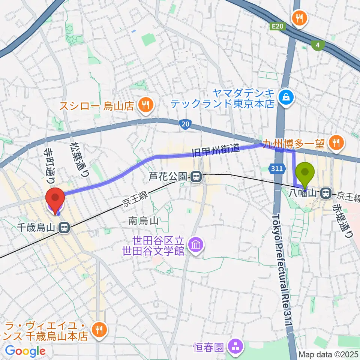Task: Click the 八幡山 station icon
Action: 326,193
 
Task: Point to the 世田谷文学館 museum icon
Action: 196,246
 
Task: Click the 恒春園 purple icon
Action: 236,346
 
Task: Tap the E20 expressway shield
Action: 277,25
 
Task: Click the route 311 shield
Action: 277,169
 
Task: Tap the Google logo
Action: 25,351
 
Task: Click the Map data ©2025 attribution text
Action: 328,354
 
